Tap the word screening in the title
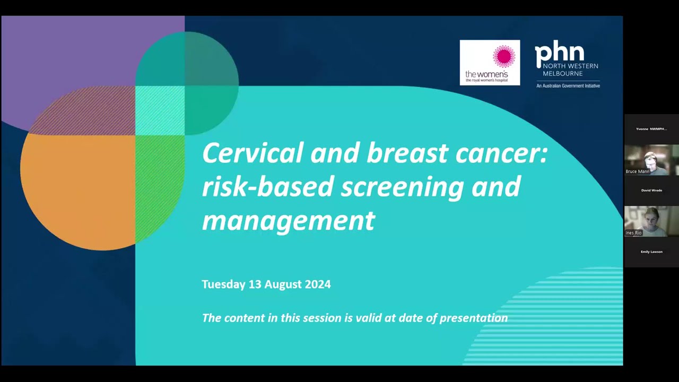402,187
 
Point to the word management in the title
288,220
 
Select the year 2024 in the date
317,284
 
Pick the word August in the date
283,284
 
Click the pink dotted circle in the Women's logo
503,56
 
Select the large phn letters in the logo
559,53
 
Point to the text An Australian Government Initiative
568,86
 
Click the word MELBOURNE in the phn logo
562,73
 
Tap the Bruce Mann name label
638,171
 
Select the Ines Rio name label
633,233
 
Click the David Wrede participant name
651,190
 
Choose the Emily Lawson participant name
651,252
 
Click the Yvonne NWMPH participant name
651,129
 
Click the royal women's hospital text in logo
486,80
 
